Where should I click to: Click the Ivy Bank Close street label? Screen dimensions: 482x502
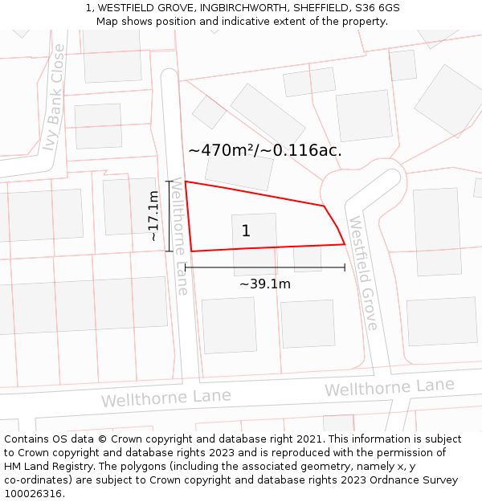click(53, 109)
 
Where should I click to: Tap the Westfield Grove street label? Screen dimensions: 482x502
click(363, 272)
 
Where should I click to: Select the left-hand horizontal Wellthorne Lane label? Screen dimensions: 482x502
click(165, 398)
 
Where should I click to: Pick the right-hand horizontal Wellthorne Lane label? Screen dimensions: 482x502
click(389, 387)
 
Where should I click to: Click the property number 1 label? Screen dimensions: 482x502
click(246, 231)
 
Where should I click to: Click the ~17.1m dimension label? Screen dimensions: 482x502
click(153, 216)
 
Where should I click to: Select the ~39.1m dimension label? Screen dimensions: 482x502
click(265, 284)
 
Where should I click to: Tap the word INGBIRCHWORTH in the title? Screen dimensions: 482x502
click(229, 8)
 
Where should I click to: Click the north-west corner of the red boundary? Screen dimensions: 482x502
click(186, 182)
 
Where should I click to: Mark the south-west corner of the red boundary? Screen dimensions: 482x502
click(191, 251)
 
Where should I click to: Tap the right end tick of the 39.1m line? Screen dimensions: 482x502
click(345, 267)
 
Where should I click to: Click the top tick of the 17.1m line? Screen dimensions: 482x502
click(170, 182)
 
